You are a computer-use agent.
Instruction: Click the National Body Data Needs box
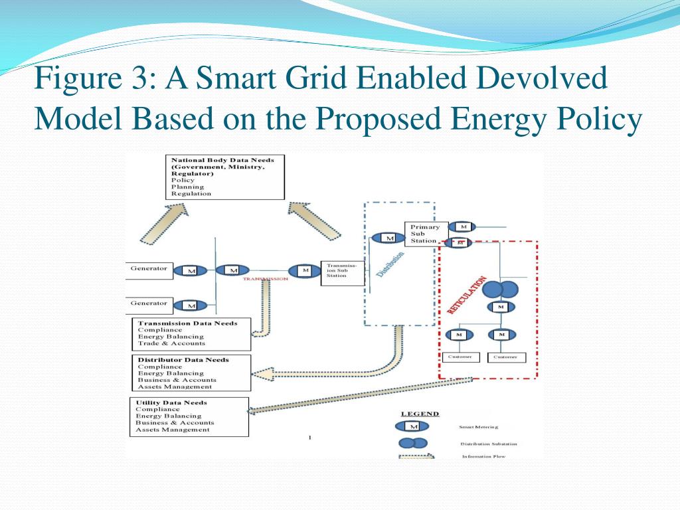point(225,177)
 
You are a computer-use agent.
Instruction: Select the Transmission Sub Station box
point(343,271)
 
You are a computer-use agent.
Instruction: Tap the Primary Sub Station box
point(426,234)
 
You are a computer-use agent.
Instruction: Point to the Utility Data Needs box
point(189,416)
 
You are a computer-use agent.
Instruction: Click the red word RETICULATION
point(468,295)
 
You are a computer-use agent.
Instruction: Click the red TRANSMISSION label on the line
point(265,279)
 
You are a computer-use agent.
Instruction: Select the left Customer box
point(460,357)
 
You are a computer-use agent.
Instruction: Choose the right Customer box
point(507,357)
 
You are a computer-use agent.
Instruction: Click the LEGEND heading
point(420,414)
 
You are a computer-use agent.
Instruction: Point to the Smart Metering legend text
point(479,427)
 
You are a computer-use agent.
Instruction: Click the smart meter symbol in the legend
point(412,426)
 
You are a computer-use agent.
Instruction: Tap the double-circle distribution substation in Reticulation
point(500,290)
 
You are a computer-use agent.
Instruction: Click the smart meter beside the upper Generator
point(191,271)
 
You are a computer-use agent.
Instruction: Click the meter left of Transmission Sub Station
point(305,271)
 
